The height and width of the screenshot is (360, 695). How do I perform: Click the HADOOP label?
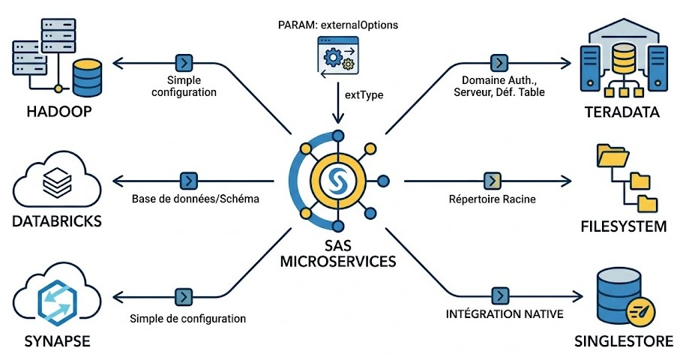tap(50, 112)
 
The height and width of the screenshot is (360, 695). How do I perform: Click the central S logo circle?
tap(337, 181)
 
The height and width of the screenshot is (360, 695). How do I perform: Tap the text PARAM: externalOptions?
tap(337, 25)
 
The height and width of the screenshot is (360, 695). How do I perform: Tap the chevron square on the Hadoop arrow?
tap(182, 61)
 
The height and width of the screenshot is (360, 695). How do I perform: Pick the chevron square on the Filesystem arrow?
tap(492, 181)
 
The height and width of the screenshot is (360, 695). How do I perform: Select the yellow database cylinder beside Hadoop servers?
tap(86, 76)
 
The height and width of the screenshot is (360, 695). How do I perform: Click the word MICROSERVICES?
tap(337, 263)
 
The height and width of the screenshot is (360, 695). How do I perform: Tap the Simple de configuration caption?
tap(187, 319)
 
